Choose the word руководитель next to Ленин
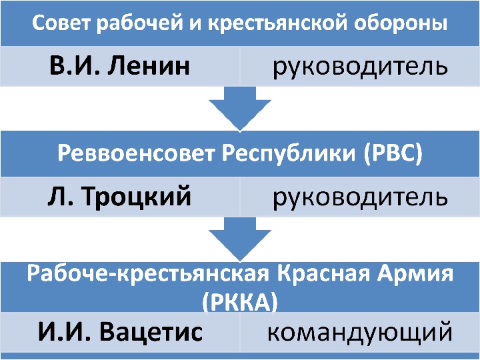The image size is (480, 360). coord(359,67)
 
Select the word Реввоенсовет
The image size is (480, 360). coord(137,154)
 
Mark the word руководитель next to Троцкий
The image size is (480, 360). coord(359,198)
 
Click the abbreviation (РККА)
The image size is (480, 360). coord(239,301)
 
